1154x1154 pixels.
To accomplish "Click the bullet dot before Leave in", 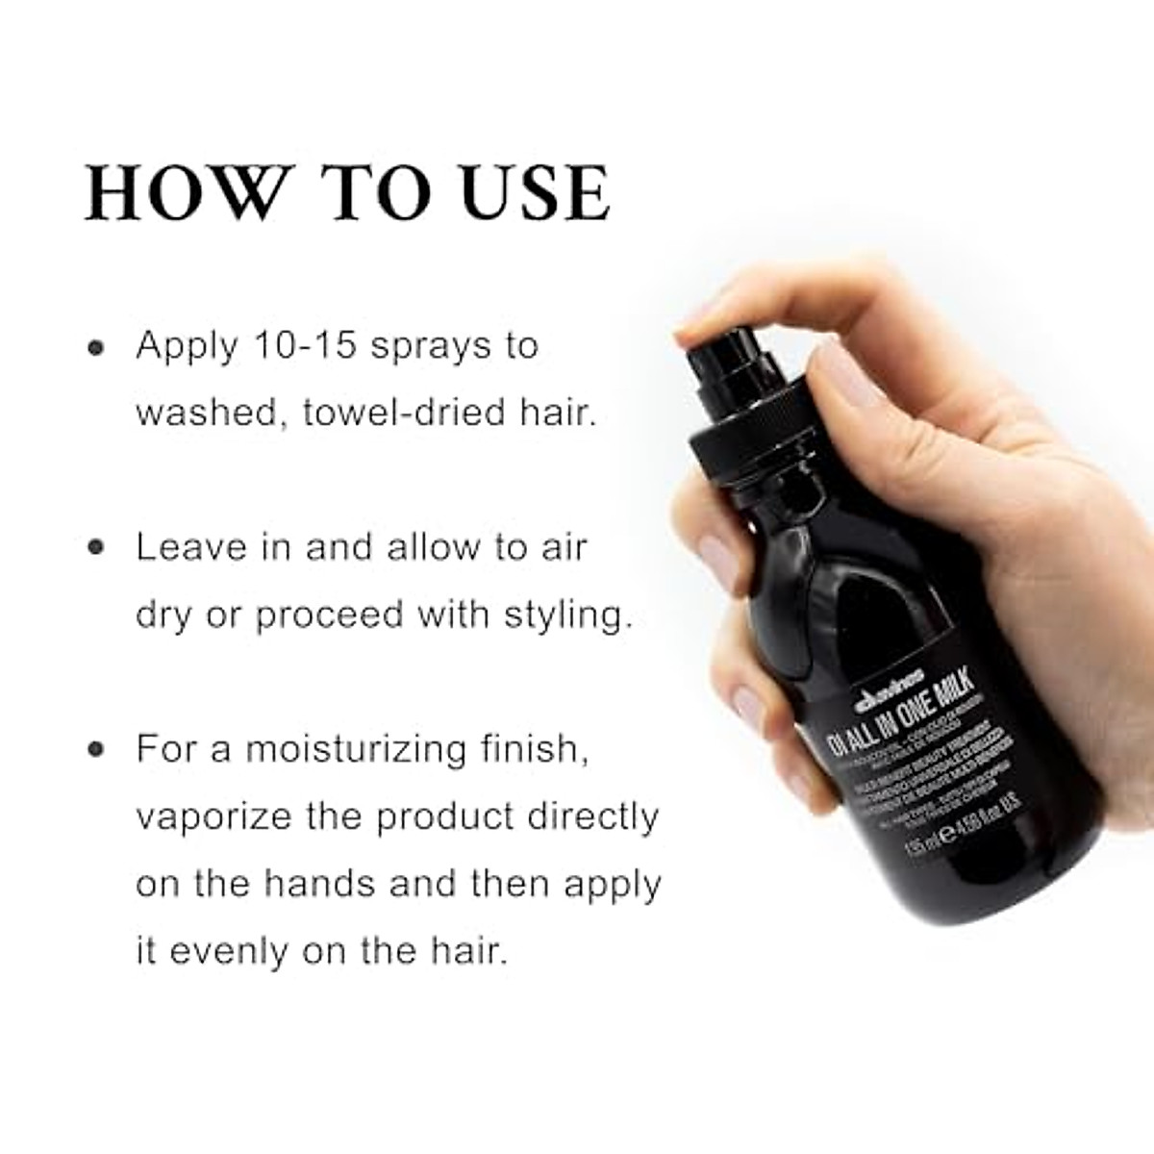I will click(x=95, y=548).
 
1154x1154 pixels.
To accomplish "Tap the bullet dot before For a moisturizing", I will click(x=95, y=750).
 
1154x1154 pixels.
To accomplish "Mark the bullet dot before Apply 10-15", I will click(x=95, y=347).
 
